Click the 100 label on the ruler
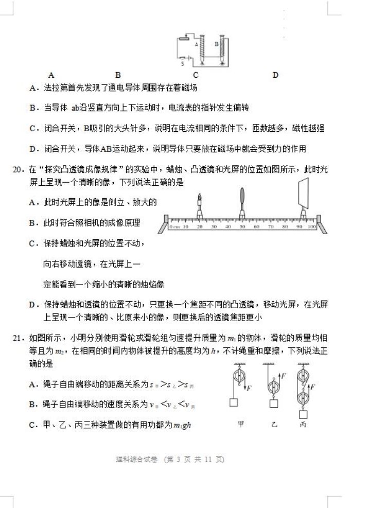(310, 226)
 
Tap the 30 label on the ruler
(214, 226)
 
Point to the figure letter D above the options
(275, 75)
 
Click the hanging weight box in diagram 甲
(234, 402)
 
